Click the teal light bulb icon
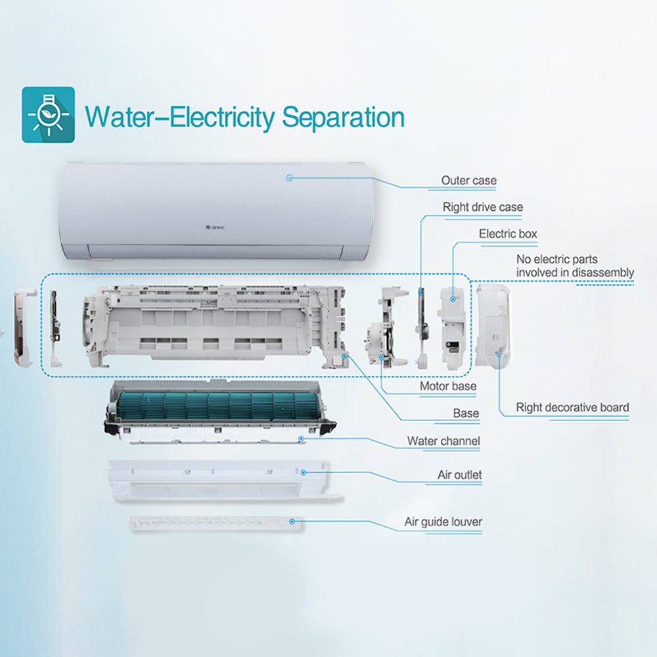coord(48,114)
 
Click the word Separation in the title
coord(343,118)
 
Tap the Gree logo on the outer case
coord(215,227)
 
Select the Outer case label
coord(469,181)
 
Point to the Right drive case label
coord(483,207)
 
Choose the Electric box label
coord(508,234)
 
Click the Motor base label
coord(448,386)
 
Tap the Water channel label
coord(443,441)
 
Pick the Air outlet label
coord(460,475)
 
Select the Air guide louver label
coord(443,522)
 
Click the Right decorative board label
coord(572,407)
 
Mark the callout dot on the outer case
coord(289,177)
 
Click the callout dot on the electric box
coord(453,299)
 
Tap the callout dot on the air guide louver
coord(292,521)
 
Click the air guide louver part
coord(215,524)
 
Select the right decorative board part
coord(493,326)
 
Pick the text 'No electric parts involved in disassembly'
coord(575,265)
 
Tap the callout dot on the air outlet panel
coord(304,472)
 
